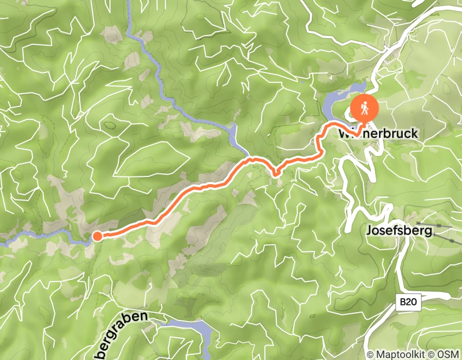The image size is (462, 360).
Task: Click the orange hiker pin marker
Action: point(365,108)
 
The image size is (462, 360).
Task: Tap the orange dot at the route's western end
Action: point(97,236)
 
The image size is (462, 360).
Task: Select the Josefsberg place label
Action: point(399,230)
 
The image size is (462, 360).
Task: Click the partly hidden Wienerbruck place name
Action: point(378,134)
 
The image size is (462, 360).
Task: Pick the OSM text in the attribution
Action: point(448,354)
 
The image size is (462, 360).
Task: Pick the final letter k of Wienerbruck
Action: point(415,134)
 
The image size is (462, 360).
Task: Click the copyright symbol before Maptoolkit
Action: point(370,354)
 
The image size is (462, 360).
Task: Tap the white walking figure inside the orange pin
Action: point(365,107)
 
